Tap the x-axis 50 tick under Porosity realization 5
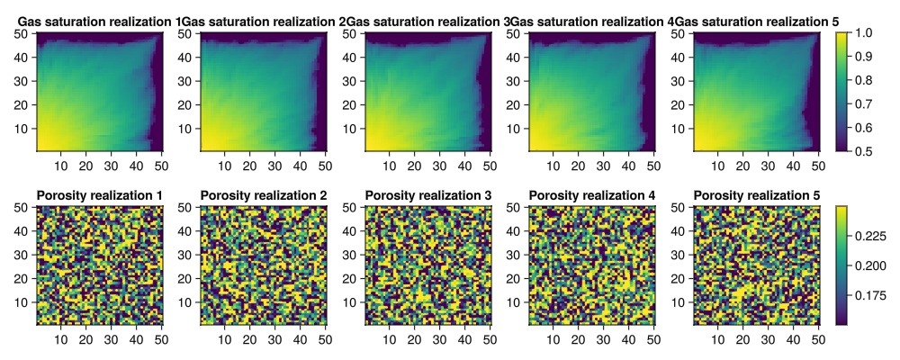(x=817, y=338)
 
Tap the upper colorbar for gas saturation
(x=842, y=92)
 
